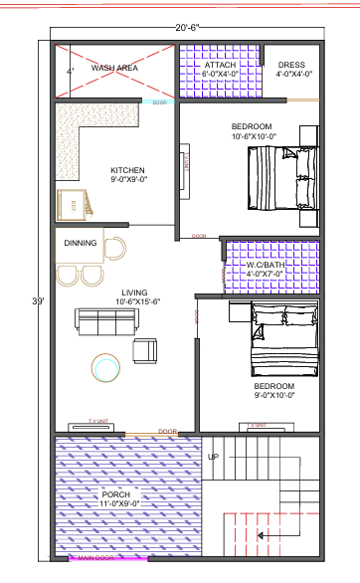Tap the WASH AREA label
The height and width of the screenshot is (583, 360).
114,68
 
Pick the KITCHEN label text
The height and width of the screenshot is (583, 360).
128,171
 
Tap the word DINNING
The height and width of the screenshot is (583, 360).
81,242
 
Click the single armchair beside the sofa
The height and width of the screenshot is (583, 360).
145,349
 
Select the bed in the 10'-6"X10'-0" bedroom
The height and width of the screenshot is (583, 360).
282,178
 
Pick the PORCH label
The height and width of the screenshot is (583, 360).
114,493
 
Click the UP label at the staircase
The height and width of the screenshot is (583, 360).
213,457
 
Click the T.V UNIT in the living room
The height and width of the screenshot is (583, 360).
98,424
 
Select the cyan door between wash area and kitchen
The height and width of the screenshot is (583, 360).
158,101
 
